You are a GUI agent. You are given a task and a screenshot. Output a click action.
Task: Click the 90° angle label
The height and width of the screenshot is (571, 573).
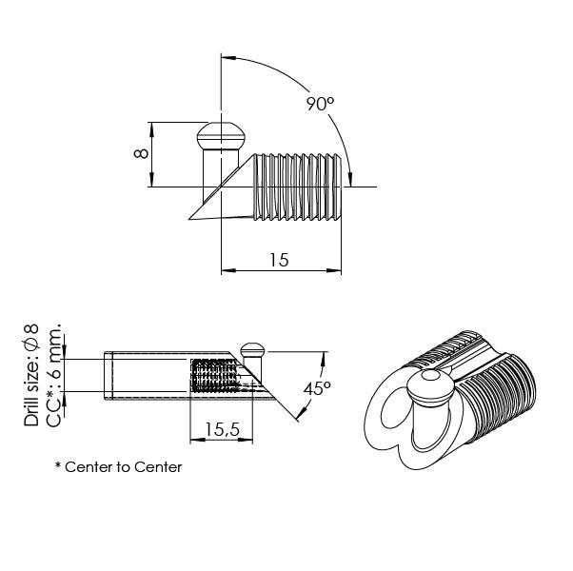[320, 104]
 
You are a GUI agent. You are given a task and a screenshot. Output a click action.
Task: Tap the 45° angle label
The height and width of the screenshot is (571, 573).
[317, 388]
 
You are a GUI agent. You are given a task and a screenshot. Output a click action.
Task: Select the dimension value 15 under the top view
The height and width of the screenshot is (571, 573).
[278, 259]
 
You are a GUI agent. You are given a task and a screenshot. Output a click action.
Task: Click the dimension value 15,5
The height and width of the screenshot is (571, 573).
[222, 430]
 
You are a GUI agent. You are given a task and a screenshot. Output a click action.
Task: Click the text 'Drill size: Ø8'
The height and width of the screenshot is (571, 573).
[31, 374]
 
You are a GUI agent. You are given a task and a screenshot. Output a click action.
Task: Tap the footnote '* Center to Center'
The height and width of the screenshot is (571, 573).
[118, 467]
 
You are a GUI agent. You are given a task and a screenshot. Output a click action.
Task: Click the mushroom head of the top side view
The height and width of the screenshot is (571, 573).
[221, 136]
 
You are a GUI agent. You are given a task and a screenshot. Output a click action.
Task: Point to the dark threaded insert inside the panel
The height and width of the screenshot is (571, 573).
[213, 376]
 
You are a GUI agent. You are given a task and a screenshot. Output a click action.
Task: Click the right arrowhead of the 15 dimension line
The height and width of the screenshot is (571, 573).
[337, 271]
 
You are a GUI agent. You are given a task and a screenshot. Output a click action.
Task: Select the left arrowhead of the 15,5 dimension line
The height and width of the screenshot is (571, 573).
[194, 441]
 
